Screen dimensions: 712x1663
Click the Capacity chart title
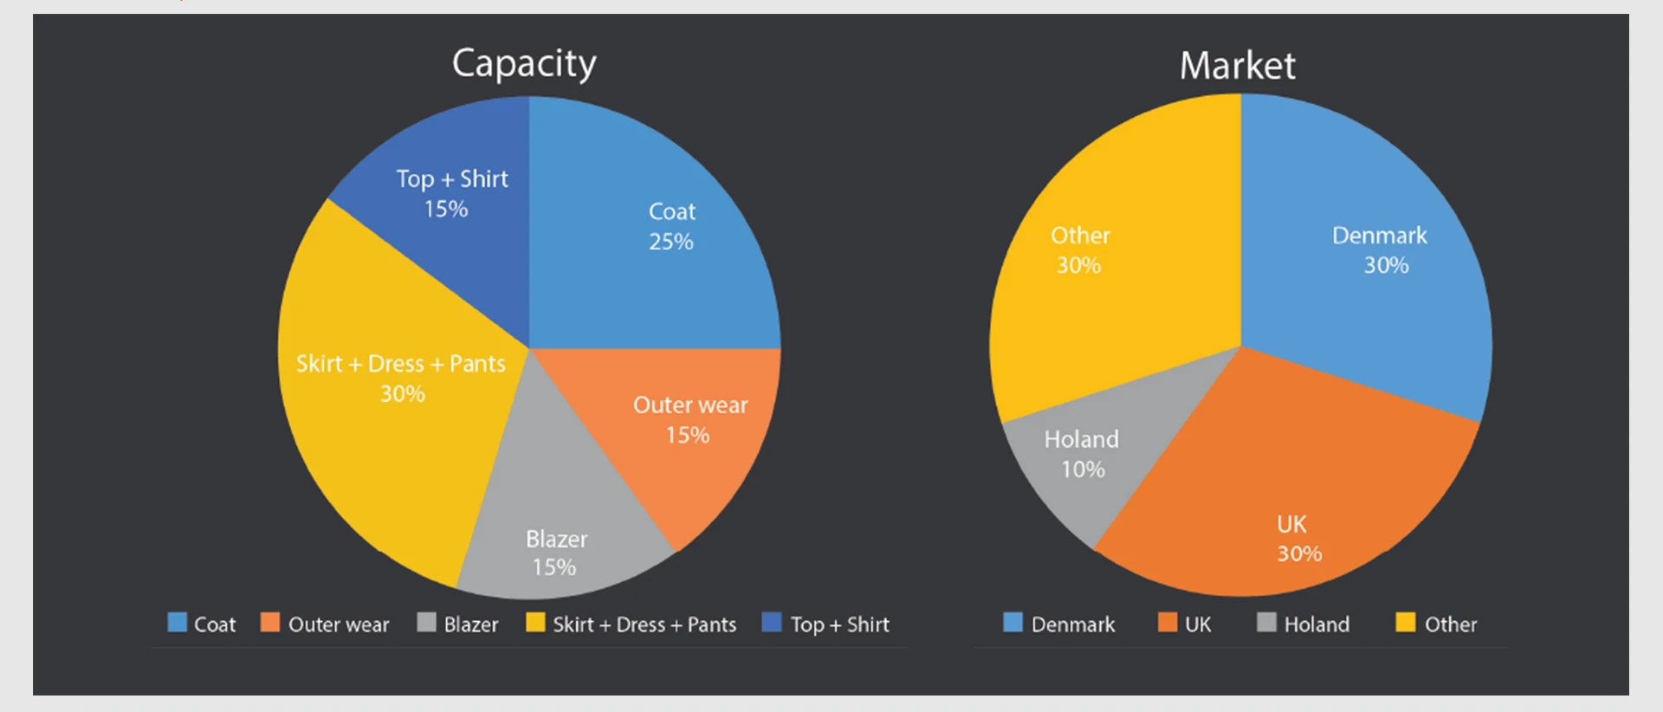524,64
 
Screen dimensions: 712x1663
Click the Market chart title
1237,66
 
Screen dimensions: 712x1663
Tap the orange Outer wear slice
684,433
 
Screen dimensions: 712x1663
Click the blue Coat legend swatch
177,623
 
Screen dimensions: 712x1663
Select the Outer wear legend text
339,625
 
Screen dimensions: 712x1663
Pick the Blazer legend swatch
426,623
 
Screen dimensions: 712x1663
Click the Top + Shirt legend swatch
771,623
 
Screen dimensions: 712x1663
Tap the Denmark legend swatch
1013,623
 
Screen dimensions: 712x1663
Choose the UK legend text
1198,625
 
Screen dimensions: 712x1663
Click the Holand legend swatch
1266,623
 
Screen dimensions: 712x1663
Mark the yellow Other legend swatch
1405,623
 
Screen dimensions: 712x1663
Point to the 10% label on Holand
1083,469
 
